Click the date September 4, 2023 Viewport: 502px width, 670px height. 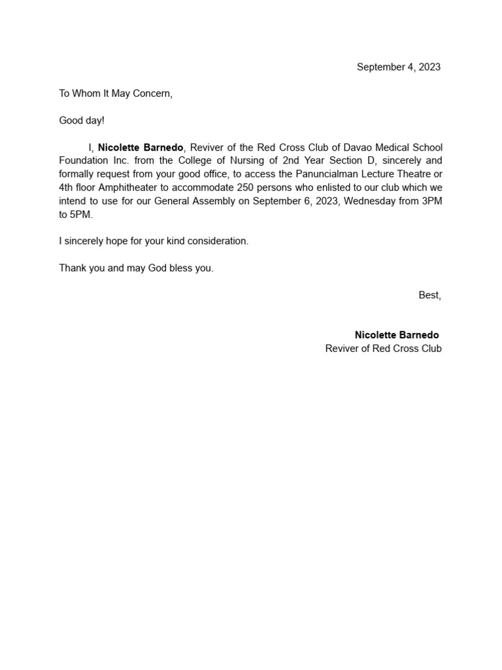[398, 67]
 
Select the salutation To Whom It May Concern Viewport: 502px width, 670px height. [116, 94]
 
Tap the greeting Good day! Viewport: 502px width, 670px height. [82, 120]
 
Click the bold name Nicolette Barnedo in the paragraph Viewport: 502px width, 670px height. [141, 148]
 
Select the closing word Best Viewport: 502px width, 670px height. [429, 295]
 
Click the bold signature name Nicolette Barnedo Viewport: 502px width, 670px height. [397, 335]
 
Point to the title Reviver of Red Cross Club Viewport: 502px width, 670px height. [383, 349]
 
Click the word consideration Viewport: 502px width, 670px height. [218, 241]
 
